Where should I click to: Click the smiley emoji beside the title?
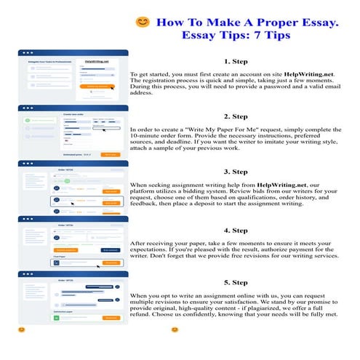[x=143, y=23]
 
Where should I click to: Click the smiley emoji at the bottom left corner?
[x=21, y=330]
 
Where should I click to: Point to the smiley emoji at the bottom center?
[x=175, y=330]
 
